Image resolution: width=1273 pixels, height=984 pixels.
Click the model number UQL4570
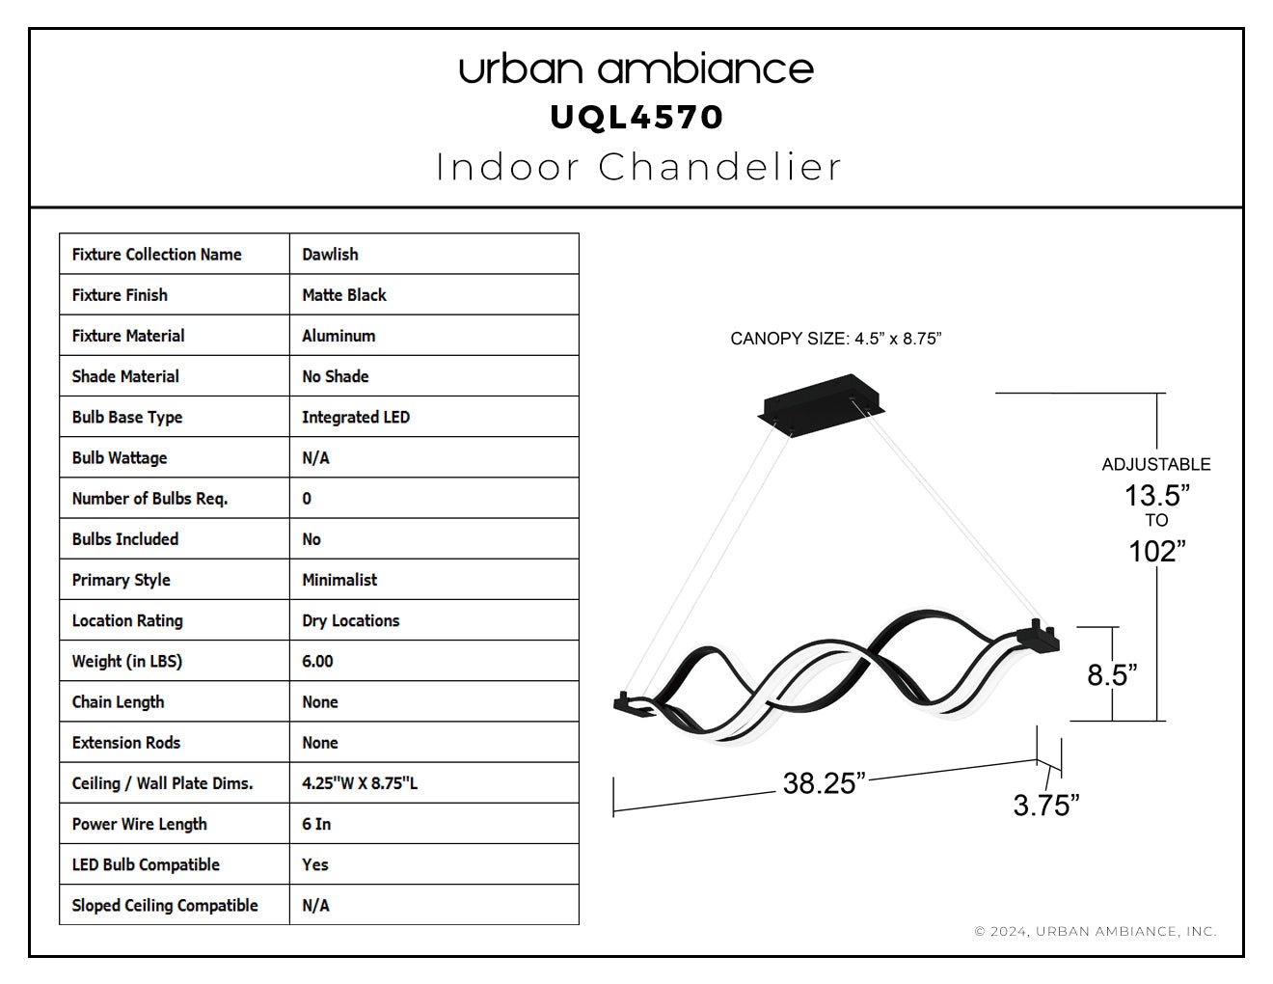636,118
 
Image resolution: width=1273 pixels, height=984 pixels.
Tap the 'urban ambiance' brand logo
636,69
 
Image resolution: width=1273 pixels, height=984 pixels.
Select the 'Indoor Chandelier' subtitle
638,167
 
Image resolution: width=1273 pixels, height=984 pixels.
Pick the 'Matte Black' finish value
344,295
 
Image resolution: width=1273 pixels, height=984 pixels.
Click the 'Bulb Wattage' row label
120,457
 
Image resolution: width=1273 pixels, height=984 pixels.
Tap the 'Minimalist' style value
339,580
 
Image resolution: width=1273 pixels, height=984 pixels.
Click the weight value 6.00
317,661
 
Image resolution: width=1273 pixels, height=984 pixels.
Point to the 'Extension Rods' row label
126,743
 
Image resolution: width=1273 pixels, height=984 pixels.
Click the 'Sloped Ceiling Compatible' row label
165,906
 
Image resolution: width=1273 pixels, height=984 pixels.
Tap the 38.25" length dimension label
824,783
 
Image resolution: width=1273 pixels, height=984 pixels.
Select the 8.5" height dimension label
1112,674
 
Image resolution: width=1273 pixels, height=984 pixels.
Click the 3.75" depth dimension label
1046,806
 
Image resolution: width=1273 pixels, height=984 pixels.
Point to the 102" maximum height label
1157,552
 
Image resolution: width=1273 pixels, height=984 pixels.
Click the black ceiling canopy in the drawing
822,404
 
